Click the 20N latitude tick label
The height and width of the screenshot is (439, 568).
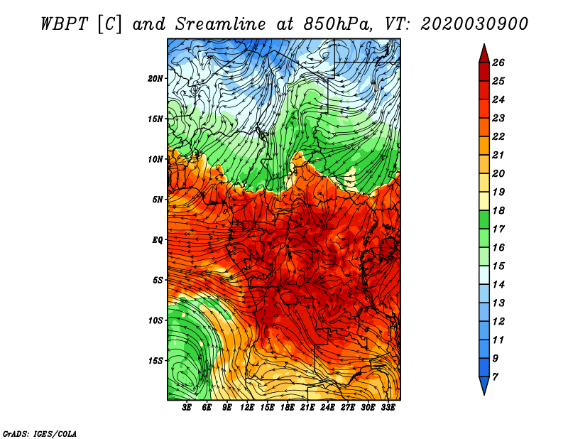tap(155, 78)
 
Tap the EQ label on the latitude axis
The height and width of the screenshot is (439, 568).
tap(157, 239)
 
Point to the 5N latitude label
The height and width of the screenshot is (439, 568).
tap(158, 200)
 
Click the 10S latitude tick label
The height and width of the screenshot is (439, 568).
tap(155, 320)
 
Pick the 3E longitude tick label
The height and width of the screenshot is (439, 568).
tap(187, 408)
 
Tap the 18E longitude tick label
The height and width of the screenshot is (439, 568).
tap(288, 408)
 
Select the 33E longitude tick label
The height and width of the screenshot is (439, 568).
tap(388, 408)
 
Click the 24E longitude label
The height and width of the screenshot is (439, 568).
tap(327, 408)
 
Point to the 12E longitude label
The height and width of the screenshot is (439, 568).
tap(247, 408)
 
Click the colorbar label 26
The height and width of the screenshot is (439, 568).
tap(498, 63)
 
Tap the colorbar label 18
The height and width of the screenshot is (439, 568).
tap(498, 210)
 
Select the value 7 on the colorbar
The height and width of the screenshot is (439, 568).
tap(496, 377)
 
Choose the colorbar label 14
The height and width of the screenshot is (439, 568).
tap(498, 285)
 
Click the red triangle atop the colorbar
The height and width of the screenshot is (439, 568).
tap(484, 54)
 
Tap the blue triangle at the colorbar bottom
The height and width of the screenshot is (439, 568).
tap(484, 386)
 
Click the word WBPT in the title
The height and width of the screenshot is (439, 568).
tap(64, 24)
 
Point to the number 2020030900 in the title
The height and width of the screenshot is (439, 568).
tap(474, 24)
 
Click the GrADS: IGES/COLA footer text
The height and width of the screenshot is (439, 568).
tap(40, 434)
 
